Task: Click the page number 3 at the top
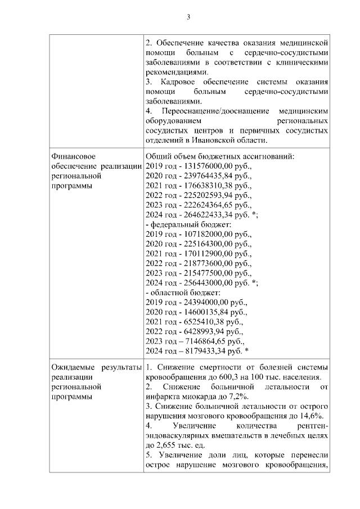(x=188, y=17)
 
